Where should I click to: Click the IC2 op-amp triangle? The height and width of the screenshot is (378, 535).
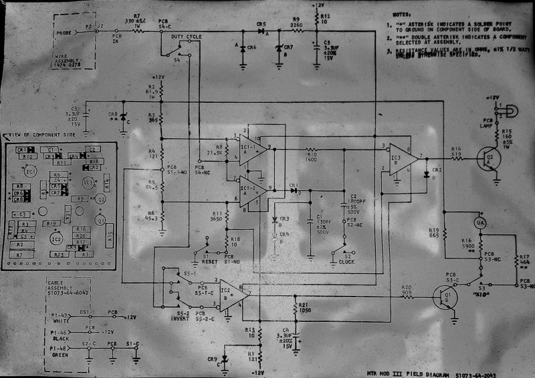coord(232,292)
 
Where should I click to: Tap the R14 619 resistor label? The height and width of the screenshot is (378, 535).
coord(456,152)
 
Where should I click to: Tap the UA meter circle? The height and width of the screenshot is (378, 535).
coord(479,222)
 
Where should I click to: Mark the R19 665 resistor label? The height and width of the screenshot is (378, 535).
coord(434,232)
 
